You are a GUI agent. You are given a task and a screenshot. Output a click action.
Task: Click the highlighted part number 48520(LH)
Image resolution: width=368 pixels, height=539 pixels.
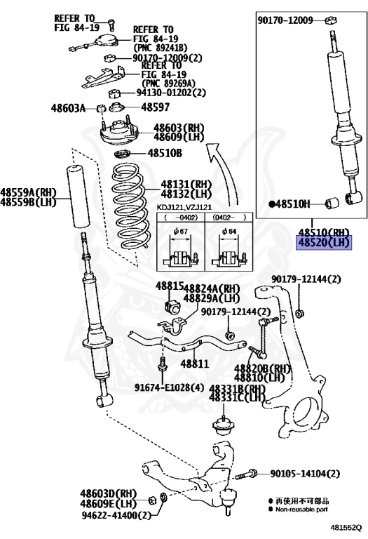coord(324,243)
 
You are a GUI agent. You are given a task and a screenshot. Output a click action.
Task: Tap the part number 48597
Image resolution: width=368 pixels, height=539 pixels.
coord(156,107)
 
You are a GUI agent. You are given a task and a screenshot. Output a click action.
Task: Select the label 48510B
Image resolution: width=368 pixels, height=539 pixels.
coord(165,153)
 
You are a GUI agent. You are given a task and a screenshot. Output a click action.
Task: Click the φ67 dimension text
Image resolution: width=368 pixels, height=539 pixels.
coord(181,232)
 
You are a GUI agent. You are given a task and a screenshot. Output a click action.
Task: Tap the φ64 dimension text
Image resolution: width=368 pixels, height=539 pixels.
coord(229,232)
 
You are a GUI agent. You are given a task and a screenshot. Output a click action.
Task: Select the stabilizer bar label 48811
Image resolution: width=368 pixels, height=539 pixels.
coord(195,364)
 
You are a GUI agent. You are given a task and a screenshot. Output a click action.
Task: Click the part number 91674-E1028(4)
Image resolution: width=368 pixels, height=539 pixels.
coord(169,387)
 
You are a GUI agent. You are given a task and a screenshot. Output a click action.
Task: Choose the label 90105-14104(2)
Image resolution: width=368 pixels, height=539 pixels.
coord(305,474)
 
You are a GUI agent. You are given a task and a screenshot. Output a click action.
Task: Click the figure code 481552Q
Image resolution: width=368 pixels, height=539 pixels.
coord(346,527)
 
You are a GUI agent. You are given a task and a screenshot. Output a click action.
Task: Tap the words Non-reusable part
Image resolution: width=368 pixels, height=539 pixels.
coord(301,510)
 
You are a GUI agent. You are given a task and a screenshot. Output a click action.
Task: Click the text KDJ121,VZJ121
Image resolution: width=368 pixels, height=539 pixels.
coord(184,207)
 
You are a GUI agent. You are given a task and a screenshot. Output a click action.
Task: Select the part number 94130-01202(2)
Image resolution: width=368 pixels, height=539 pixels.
coord(171,93)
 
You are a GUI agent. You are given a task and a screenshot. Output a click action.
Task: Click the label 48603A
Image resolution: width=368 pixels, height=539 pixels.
coord(68,108)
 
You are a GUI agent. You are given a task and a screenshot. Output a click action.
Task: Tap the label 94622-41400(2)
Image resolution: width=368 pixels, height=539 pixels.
coord(117,515)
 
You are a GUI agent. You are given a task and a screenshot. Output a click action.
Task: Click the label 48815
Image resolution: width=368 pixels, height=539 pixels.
coord(170,286)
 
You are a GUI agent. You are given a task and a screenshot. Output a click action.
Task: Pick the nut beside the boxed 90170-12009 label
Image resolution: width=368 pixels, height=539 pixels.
coord(331,20)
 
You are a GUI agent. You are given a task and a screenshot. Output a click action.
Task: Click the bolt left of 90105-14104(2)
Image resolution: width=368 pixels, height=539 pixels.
coord(246,474)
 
